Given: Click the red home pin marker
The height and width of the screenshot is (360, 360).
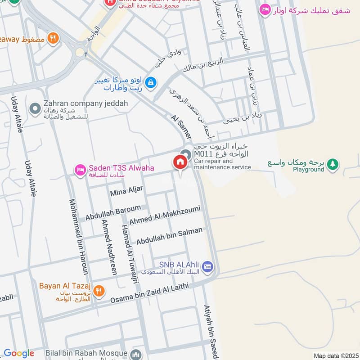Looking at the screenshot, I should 180,162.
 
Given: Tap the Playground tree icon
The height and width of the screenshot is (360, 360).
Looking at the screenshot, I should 333,164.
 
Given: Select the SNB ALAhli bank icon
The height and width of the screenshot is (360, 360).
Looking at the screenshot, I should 207,267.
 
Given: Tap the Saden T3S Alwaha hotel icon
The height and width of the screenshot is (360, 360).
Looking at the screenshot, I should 81,169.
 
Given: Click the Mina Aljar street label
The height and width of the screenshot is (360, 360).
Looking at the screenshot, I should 126,192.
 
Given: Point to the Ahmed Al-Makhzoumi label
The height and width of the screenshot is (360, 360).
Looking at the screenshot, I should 164,215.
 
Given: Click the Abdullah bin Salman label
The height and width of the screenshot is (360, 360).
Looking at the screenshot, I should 169,235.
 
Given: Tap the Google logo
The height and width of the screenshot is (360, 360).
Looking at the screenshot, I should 19,353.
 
